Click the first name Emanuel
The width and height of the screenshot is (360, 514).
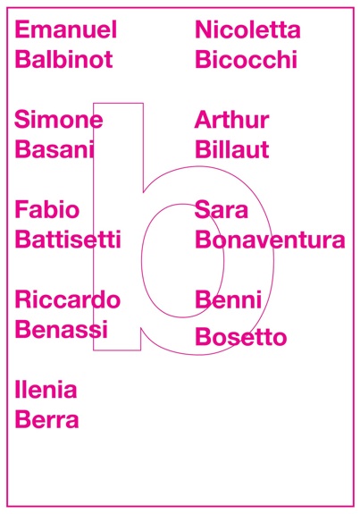tap(66, 29)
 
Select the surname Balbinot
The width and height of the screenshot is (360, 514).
tap(64, 59)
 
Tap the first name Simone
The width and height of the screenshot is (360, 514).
tap(59, 119)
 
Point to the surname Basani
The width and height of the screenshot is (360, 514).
tap(54, 149)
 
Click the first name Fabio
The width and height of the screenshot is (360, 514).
tap(47, 209)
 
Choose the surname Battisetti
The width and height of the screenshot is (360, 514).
tap(68, 240)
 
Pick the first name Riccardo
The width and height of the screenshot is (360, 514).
tap(68, 299)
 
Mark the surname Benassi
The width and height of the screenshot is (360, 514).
tap(62, 329)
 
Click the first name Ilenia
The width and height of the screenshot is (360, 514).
tap(46, 390)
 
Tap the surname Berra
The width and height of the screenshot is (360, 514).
tap(46, 419)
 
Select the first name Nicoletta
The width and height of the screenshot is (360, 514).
tap(247, 29)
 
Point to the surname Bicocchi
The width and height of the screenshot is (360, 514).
tap(247, 59)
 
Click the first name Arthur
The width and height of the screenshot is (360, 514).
tap(232, 119)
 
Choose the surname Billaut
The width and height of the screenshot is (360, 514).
tap(232, 149)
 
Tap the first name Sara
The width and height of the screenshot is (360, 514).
tap(222, 209)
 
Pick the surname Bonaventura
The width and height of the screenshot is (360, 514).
tap(271, 240)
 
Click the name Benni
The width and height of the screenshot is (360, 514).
tap(229, 299)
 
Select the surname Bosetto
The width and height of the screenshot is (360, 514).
tap(241, 337)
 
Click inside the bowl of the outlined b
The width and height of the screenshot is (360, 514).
tap(183, 261)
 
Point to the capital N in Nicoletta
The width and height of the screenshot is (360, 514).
tap(203, 29)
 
